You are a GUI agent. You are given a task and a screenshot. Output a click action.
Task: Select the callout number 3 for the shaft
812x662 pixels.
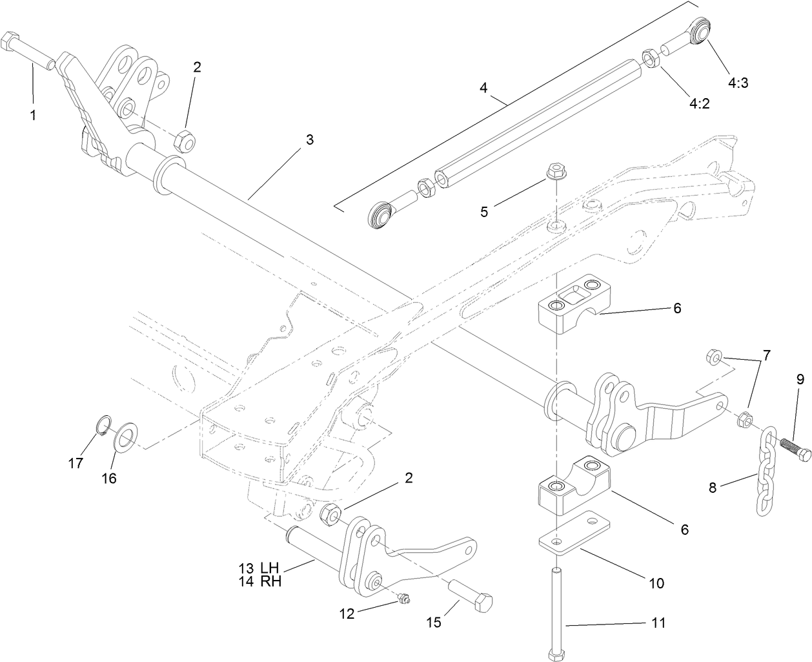coord(310,140)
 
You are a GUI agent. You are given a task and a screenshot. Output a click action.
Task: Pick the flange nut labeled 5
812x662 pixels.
coord(554,172)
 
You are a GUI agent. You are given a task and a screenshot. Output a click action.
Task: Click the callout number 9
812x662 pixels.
coord(799,380)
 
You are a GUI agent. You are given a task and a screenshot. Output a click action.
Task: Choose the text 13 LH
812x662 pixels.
coord(259,568)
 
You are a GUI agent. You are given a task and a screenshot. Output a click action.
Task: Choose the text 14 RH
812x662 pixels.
coord(259,581)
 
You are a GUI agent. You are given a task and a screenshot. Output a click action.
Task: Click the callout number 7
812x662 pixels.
coord(766,355)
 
